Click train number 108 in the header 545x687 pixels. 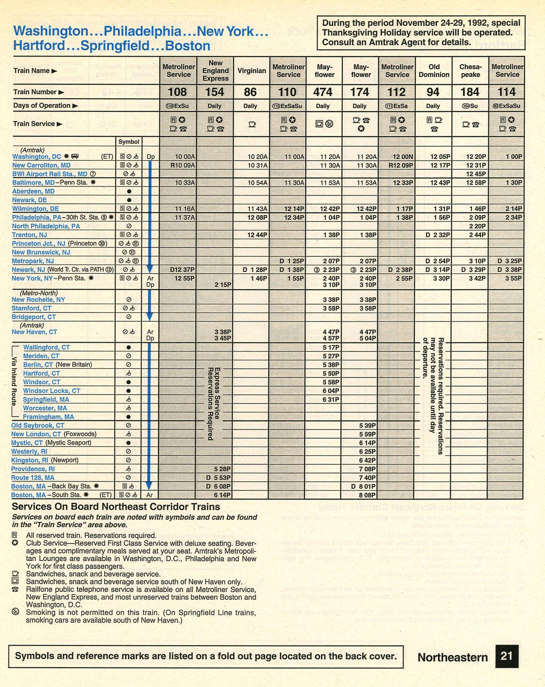point(178,92)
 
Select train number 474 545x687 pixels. point(323,92)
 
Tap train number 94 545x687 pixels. point(433,92)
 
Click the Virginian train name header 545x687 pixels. point(252,71)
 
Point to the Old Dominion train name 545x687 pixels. point(434,71)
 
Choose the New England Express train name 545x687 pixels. point(215,71)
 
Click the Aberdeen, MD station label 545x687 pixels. point(33,191)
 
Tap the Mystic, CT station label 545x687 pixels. point(27,443)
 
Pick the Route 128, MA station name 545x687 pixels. point(33,478)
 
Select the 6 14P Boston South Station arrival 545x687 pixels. point(222,495)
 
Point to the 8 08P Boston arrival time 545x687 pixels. point(368,495)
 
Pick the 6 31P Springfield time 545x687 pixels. point(331,399)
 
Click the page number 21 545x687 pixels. point(506,656)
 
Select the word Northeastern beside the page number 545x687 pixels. point(453,657)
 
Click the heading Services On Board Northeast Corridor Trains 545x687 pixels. point(116,507)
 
